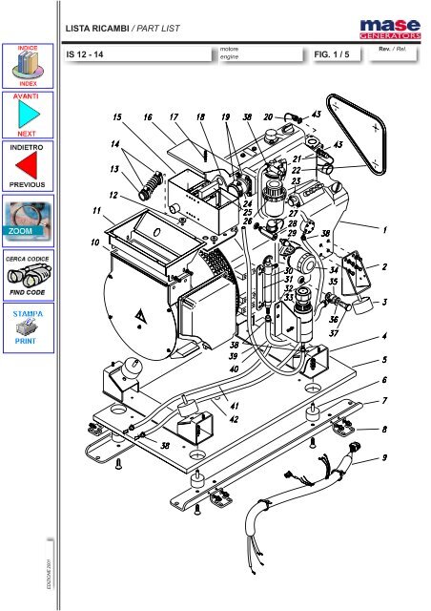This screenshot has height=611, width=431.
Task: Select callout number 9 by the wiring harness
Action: click(384, 457)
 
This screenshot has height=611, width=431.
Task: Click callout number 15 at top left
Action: click(116, 118)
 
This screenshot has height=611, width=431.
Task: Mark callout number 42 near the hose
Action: click(234, 418)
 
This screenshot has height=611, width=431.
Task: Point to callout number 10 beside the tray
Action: click(95, 242)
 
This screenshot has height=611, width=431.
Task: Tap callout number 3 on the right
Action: click(384, 303)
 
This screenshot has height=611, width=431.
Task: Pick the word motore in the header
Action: click(230, 47)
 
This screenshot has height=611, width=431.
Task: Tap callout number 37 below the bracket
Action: click(335, 333)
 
